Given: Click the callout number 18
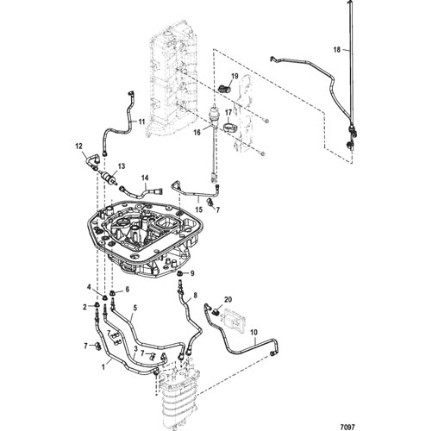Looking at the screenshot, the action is click(336, 50).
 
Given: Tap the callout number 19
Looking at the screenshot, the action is click(235, 77).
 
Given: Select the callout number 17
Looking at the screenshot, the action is click(229, 112).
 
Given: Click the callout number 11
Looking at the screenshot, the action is click(141, 122).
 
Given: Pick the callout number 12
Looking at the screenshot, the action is click(78, 147).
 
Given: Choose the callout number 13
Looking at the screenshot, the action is click(122, 166).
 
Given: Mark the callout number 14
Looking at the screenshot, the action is click(145, 178).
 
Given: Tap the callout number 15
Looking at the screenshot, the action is click(199, 210).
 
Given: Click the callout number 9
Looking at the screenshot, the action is click(192, 273).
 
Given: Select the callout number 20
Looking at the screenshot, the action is click(228, 300).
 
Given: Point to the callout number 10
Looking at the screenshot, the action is click(254, 333).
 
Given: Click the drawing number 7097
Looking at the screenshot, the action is click(349, 426).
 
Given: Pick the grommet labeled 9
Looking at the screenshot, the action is click(180, 273).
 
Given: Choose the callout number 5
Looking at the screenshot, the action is click(135, 308).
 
